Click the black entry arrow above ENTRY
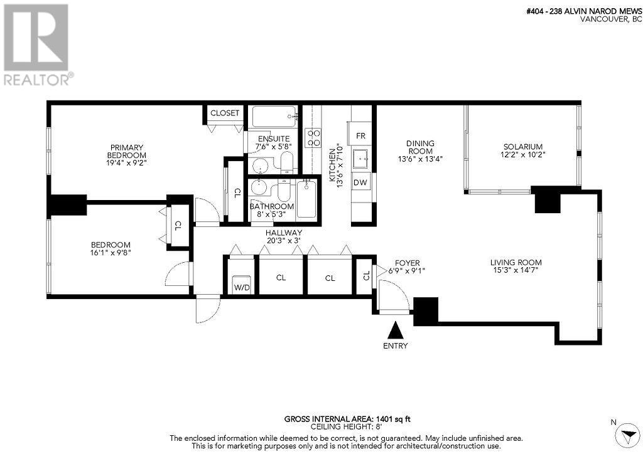396,330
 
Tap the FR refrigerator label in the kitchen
360,135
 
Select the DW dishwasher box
360,182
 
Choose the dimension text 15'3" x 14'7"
516,271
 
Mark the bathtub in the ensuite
274,116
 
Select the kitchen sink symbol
360,159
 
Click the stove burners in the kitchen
312,138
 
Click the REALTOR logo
36,44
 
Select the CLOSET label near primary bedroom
224,113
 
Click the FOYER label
408,263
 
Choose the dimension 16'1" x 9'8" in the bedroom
111,253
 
